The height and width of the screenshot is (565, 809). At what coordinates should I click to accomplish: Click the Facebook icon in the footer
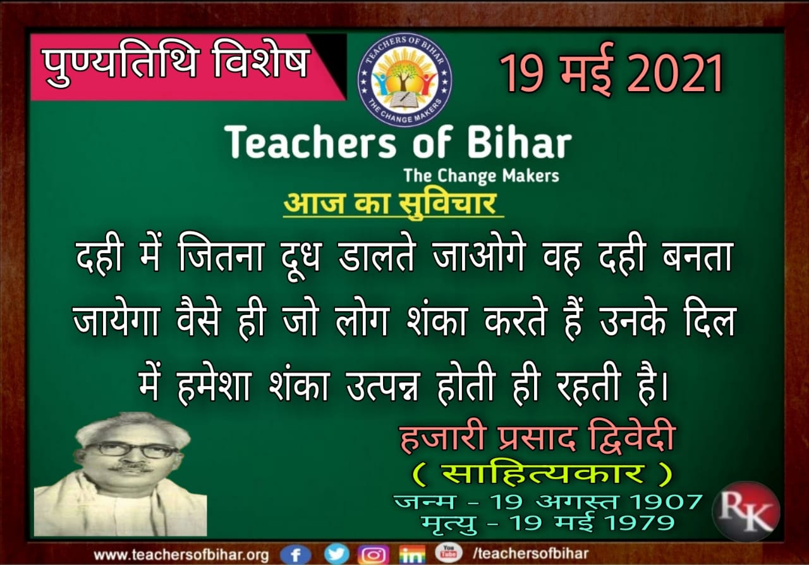point(295,554)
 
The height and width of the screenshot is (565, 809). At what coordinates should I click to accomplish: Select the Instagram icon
point(373,554)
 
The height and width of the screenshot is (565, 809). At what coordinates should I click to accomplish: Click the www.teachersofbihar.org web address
point(181,555)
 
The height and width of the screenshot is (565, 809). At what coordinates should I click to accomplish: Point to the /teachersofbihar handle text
point(530,554)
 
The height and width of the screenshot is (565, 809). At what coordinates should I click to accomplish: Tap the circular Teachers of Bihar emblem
point(404,80)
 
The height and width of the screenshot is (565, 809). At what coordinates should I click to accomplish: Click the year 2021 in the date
point(675,73)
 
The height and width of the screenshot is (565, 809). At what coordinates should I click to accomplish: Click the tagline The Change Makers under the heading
point(482,176)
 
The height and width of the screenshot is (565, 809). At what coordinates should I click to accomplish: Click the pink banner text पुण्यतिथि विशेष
point(176,63)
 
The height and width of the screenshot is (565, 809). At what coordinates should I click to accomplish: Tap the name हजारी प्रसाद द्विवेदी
point(537,440)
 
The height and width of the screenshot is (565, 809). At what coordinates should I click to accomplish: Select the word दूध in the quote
point(300,258)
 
